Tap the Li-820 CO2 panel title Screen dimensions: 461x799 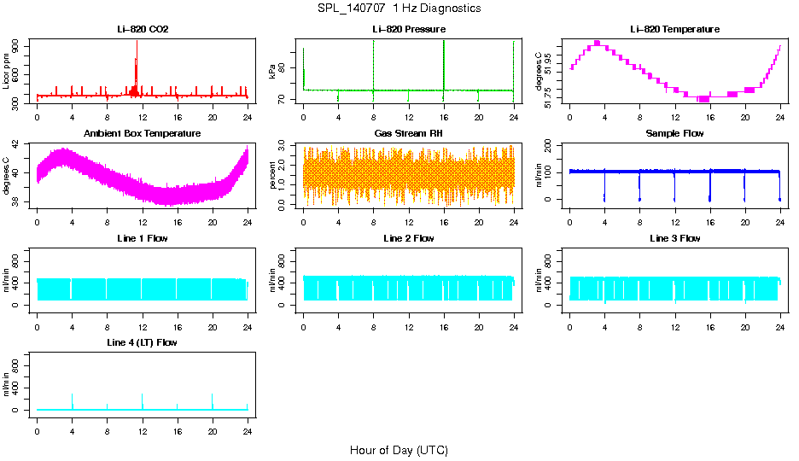143,30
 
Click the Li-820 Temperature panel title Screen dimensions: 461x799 674,30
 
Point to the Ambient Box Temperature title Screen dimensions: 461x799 143,134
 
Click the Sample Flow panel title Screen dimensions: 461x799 674,134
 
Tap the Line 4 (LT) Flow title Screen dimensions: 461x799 143,342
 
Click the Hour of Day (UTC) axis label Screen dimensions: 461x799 399,450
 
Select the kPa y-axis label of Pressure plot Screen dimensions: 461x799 273,72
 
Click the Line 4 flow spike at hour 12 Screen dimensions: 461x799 143,395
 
